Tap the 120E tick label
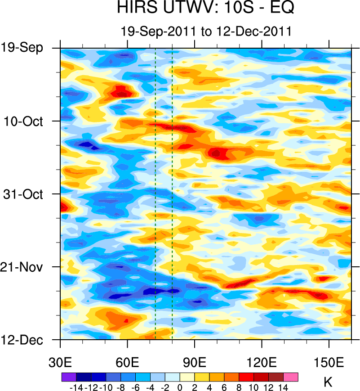(262, 363)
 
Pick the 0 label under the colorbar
(180, 388)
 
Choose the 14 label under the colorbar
(284, 388)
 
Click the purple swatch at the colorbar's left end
(68, 377)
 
